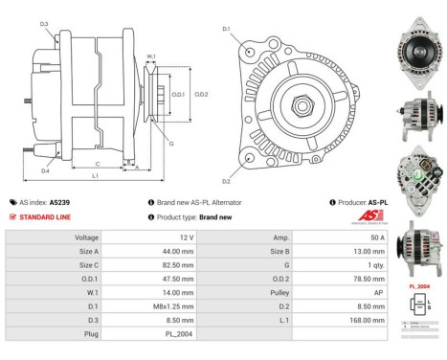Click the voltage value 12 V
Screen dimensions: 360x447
(186, 236)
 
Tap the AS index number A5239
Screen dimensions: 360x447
(59, 203)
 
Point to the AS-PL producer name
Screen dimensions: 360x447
(378, 203)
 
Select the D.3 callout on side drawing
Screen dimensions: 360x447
(45, 24)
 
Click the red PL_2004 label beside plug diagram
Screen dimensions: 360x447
(418, 286)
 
